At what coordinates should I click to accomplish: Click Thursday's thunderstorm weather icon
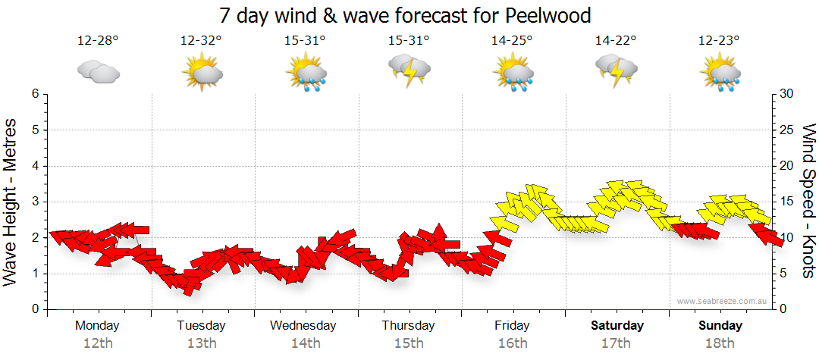point(409,70)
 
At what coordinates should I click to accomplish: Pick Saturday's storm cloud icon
point(616,70)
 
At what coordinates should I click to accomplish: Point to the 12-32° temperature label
point(201,40)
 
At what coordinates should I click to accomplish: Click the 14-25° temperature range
point(512,40)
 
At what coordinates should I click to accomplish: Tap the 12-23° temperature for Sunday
point(719,40)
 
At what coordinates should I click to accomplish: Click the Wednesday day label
point(303,326)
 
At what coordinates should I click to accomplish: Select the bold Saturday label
point(617,326)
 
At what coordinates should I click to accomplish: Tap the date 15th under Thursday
point(409,343)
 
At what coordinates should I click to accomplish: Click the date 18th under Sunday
point(720,343)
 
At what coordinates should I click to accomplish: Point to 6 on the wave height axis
point(34,94)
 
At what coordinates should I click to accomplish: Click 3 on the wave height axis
point(34,202)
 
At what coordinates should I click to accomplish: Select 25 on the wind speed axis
point(788,130)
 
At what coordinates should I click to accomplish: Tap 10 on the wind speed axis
point(788,237)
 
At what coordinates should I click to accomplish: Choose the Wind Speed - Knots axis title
point(808,201)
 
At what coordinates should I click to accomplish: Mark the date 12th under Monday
point(98,343)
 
